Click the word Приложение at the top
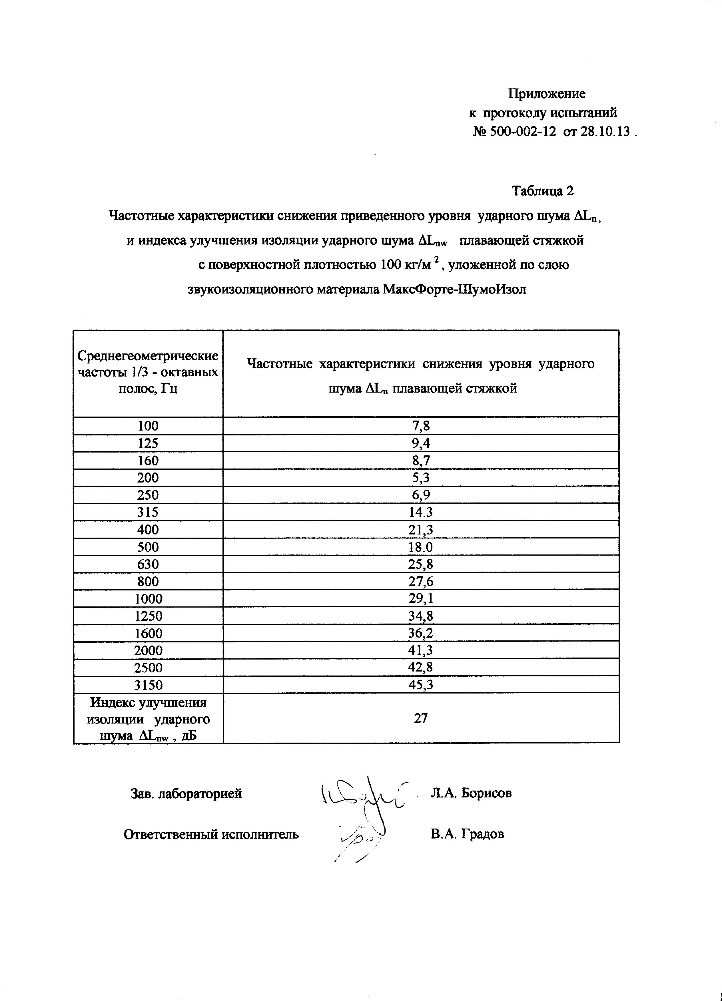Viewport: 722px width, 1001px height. pos(546,94)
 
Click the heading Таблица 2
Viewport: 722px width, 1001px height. pos(542,191)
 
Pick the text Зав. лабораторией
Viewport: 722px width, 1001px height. pos(186,793)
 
